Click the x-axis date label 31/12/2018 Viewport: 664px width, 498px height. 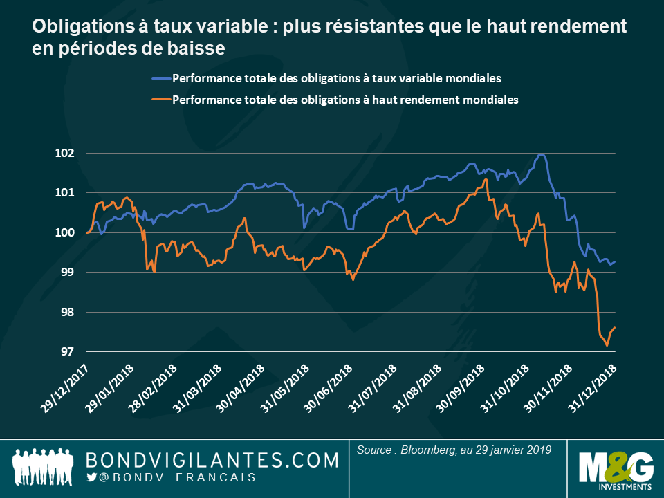[x=592, y=390]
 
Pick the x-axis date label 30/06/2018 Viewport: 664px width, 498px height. [x=328, y=390]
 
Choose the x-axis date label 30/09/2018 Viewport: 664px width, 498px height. [x=460, y=390]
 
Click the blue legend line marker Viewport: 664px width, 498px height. [x=158, y=77]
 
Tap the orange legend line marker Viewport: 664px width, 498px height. [x=158, y=100]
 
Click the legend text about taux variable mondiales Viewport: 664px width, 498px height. [x=336, y=77]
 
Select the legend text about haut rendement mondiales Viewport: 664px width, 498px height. [x=345, y=100]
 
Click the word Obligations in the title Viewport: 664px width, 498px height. [x=73, y=27]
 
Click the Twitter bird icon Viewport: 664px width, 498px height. [x=91, y=477]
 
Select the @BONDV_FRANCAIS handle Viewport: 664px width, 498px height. [x=177, y=478]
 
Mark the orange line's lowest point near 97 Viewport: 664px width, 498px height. [x=607, y=345]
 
